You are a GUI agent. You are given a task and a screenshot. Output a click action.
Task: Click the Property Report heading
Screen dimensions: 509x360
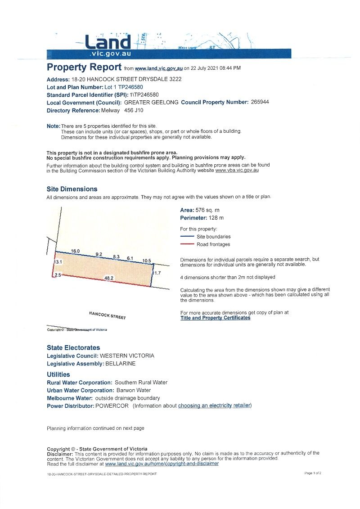pyautogui.click(x=84, y=68)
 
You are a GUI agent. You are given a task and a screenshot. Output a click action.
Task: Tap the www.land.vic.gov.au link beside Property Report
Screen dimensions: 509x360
pyautogui.click(x=158, y=68)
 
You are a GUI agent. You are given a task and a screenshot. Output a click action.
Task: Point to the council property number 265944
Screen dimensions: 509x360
pyautogui.click(x=260, y=102)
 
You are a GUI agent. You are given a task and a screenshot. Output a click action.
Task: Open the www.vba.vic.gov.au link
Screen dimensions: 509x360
pyautogui.click(x=237, y=171)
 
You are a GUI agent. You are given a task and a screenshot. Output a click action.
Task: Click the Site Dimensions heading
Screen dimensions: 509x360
pyautogui.click(x=72, y=189)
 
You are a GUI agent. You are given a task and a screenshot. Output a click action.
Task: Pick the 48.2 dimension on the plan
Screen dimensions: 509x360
pyautogui.click(x=108, y=279)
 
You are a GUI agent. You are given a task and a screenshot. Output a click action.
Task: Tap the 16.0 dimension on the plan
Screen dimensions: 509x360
pyautogui.click(x=75, y=251)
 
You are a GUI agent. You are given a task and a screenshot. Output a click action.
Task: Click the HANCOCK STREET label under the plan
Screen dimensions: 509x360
pyautogui.click(x=108, y=315)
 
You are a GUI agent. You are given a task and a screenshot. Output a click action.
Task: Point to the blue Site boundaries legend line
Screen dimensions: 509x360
pyautogui.click(x=187, y=236)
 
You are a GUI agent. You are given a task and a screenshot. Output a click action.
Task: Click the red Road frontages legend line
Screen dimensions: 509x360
pyautogui.click(x=187, y=244)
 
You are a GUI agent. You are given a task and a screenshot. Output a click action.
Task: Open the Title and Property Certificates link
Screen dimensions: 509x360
pyautogui.click(x=215, y=318)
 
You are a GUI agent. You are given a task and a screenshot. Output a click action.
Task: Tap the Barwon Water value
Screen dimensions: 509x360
pyautogui.click(x=134, y=390)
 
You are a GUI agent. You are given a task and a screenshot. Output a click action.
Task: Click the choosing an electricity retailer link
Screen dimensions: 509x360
pyautogui.click(x=214, y=406)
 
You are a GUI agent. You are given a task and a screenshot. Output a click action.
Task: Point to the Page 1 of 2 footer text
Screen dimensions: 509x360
pyautogui.click(x=313, y=473)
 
